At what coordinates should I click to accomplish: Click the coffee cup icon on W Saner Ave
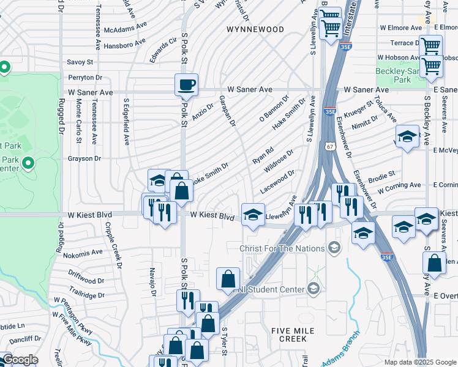186,84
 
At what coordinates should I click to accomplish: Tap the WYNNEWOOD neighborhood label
255,29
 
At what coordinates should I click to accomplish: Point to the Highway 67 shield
330,147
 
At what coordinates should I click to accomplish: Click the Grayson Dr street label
84,158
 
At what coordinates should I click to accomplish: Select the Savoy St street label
80,62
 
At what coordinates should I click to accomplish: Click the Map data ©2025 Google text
419,362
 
